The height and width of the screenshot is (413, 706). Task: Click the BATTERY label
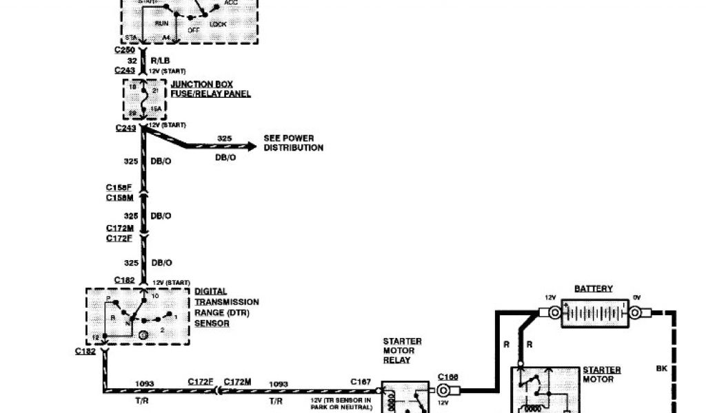click(593, 289)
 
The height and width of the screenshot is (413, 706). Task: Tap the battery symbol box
click(594, 313)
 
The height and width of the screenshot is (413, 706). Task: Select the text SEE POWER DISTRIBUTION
click(293, 142)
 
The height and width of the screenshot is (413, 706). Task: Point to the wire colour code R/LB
click(161, 61)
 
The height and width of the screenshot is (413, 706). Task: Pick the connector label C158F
click(119, 187)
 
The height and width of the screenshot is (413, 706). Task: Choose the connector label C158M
click(119, 198)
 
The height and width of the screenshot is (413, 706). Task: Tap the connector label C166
click(447, 377)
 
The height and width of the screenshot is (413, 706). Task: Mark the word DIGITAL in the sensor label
click(210, 292)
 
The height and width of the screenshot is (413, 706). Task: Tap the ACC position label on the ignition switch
click(232, 2)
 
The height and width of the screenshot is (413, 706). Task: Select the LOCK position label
click(218, 24)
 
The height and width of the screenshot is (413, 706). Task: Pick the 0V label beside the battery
click(636, 297)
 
